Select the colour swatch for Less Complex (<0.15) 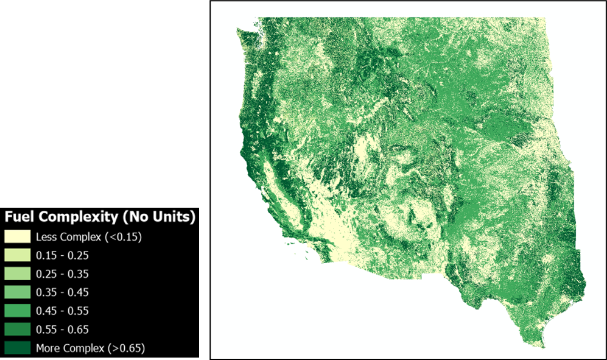pyautogui.click(x=18, y=237)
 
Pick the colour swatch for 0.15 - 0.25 pyautogui.click(x=18, y=256)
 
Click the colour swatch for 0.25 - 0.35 pyautogui.click(x=18, y=274)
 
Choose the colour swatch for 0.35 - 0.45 pyautogui.click(x=18, y=292)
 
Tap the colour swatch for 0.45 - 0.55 pyautogui.click(x=18, y=311)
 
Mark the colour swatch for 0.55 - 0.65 pyautogui.click(x=18, y=330)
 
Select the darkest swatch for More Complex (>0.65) pyautogui.click(x=18, y=348)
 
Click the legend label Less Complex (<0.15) pyautogui.click(x=89, y=237)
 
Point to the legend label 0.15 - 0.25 pyautogui.click(x=62, y=256)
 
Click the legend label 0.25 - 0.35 pyautogui.click(x=62, y=274)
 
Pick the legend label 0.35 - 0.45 pyautogui.click(x=62, y=292)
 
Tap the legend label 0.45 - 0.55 pyautogui.click(x=62, y=311)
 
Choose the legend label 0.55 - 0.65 pyautogui.click(x=62, y=330)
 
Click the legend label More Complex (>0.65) pyautogui.click(x=90, y=348)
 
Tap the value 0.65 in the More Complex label pyautogui.click(x=133, y=348)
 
